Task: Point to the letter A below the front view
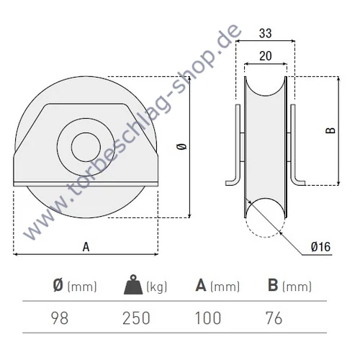tap(86, 246)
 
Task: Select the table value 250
tap(137, 318)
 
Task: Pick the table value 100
tap(207, 318)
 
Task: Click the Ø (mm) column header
tap(74, 287)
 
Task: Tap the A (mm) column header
tap(217, 287)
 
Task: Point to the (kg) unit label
tap(156, 287)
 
